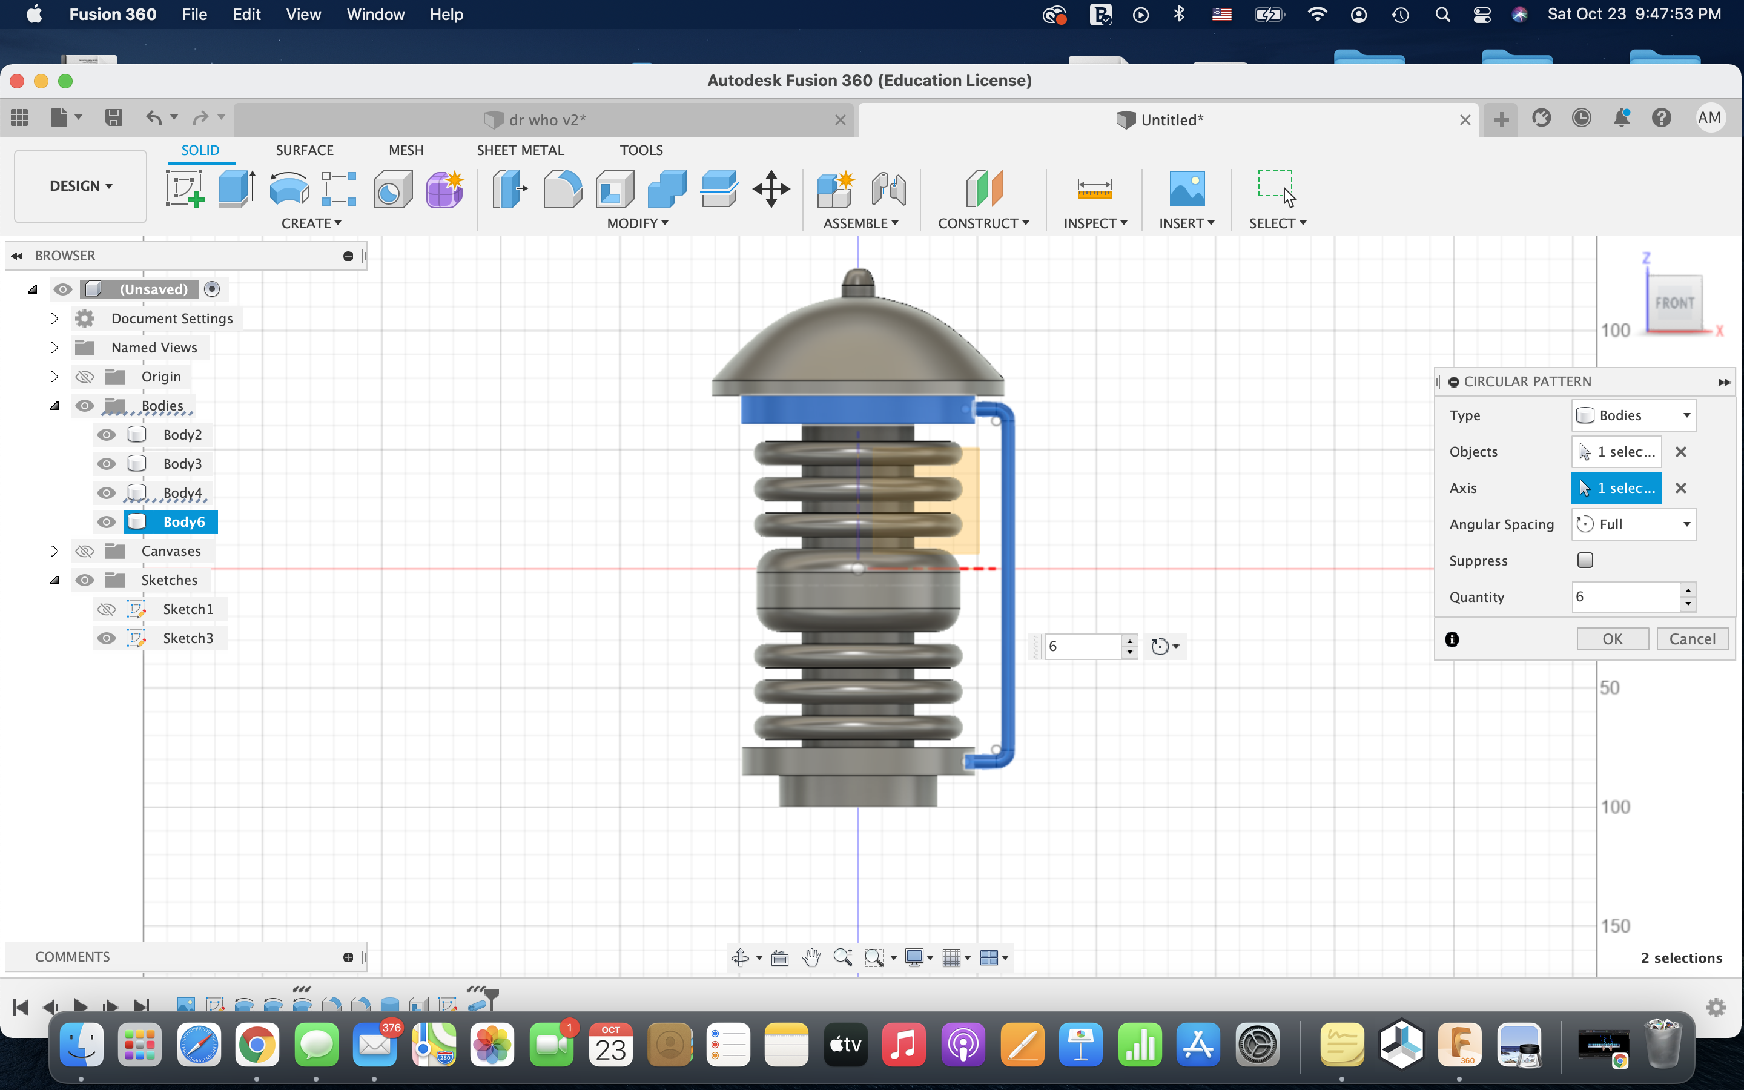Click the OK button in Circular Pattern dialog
pyautogui.click(x=1611, y=639)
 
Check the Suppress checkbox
pyautogui.click(x=1585, y=560)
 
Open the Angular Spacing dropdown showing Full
pyautogui.click(x=1633, y=524)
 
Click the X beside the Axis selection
pyautogui.click(x=1680, y=488)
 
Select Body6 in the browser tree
pyautogui.click(x=183, y=522)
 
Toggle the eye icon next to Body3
pyautogui.click(x=107, y=463)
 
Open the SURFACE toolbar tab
pyautogui.click(x=304, y=150)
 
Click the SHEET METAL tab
pyautogui.click(x=520, y=150)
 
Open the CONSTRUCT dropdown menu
pyautogui.click(x=983, y=223)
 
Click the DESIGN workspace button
pyautogui.click(x=81, y=186)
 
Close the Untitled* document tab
pyautogui.click(x=1465, y=120)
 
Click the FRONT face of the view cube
pyautogui.click(x=1674, y=303)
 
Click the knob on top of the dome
pyautogui.click(x=857, y=280)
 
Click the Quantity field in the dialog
pyautogui.click(x=1625, y=597)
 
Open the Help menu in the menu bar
pyautogui.click(x=446, y=15)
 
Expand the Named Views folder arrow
pyautogui.click(x=54, y=348)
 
